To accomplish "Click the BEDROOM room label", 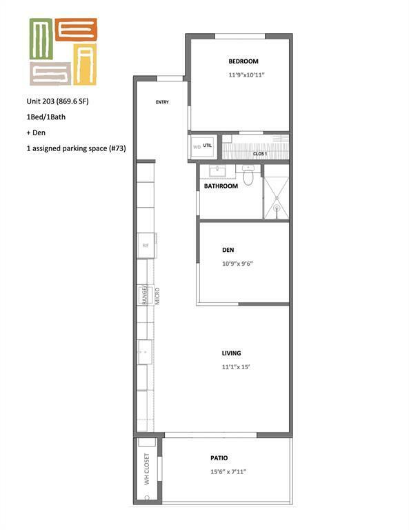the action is coord(243,61).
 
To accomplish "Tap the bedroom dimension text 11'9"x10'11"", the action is coord(246,75).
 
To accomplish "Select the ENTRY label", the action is coord(162,102).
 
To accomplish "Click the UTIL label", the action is coord(208,146).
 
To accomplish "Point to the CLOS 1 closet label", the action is coord(260,154).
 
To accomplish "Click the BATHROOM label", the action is coord(221,186).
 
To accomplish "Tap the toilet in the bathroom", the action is coord(248,175).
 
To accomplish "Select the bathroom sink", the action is coord(218,171).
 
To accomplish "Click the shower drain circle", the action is coord(277,208).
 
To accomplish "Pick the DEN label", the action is coord(228,250).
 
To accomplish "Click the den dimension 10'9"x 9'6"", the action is coord(237,264).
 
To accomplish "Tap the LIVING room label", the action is coord(231,353).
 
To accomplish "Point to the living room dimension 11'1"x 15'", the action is coord(236,366).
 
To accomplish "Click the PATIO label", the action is coord(219,458).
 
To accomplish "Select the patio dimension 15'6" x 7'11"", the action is coord(228,471).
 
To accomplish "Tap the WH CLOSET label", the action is coord(147,469).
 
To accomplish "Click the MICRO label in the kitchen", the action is coord(157,296).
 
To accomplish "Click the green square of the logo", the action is coord(41,39).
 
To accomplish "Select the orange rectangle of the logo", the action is coord(76,30).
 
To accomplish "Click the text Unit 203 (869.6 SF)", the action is coord(57,101).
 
